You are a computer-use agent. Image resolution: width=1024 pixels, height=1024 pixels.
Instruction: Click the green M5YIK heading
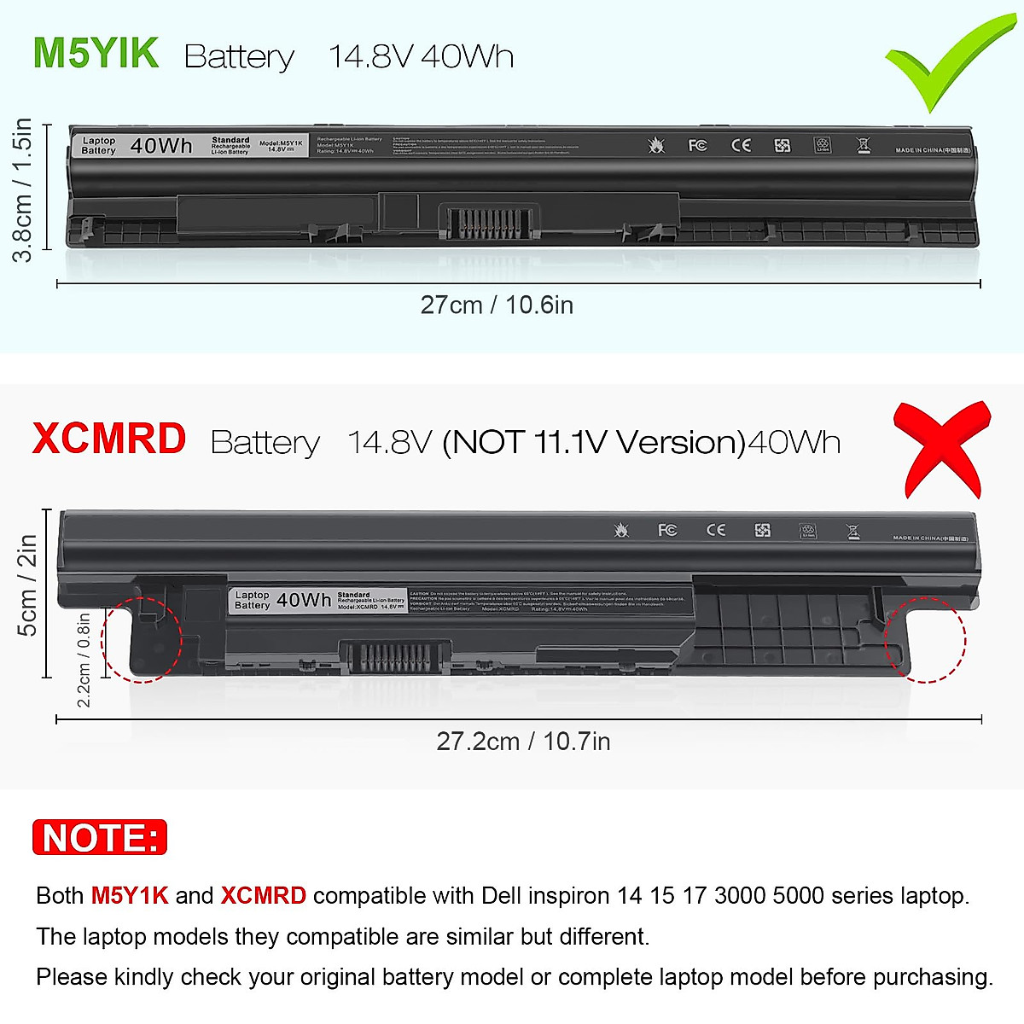96,53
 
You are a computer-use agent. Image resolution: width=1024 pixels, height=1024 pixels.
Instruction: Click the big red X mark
941,450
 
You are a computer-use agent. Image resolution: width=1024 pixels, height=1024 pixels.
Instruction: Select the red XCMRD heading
108,439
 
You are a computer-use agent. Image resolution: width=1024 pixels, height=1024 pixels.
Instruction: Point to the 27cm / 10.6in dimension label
497,305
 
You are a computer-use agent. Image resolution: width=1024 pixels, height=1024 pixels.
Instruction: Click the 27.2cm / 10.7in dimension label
523,742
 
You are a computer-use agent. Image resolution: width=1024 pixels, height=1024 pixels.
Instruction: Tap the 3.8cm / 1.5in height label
23,189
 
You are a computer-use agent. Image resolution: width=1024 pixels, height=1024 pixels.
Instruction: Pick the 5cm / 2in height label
27,585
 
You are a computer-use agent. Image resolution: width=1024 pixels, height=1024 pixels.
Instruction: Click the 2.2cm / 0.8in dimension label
84,660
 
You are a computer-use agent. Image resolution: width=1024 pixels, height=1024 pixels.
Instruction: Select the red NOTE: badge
100,838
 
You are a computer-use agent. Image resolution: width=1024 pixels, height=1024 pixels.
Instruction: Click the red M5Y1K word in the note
130,896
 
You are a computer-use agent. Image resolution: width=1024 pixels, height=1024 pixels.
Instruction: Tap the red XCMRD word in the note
263,896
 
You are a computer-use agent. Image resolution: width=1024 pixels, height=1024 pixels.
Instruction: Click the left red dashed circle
142,639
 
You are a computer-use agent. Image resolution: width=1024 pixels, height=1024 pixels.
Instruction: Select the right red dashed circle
925,639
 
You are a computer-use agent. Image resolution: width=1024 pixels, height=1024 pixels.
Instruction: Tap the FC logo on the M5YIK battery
697,146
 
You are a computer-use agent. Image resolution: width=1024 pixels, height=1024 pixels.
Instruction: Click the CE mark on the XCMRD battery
716,530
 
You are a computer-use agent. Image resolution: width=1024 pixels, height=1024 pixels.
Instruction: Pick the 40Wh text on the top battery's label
161,146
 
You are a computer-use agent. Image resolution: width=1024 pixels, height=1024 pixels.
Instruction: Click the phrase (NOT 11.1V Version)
594,443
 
